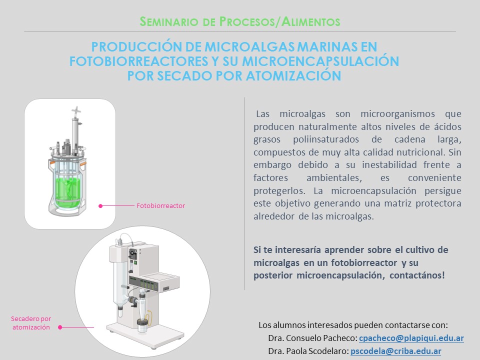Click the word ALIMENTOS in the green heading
310,21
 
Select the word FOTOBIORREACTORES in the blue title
138,61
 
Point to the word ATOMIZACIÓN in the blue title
293,75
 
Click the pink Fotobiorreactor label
160,205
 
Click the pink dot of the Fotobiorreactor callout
100,206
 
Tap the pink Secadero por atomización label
31,323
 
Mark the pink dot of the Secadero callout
60,327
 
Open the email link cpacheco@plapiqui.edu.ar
411,338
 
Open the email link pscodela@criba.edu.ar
396,351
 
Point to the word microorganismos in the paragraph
397,114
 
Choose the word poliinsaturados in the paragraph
326,139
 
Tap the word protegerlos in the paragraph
279,191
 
